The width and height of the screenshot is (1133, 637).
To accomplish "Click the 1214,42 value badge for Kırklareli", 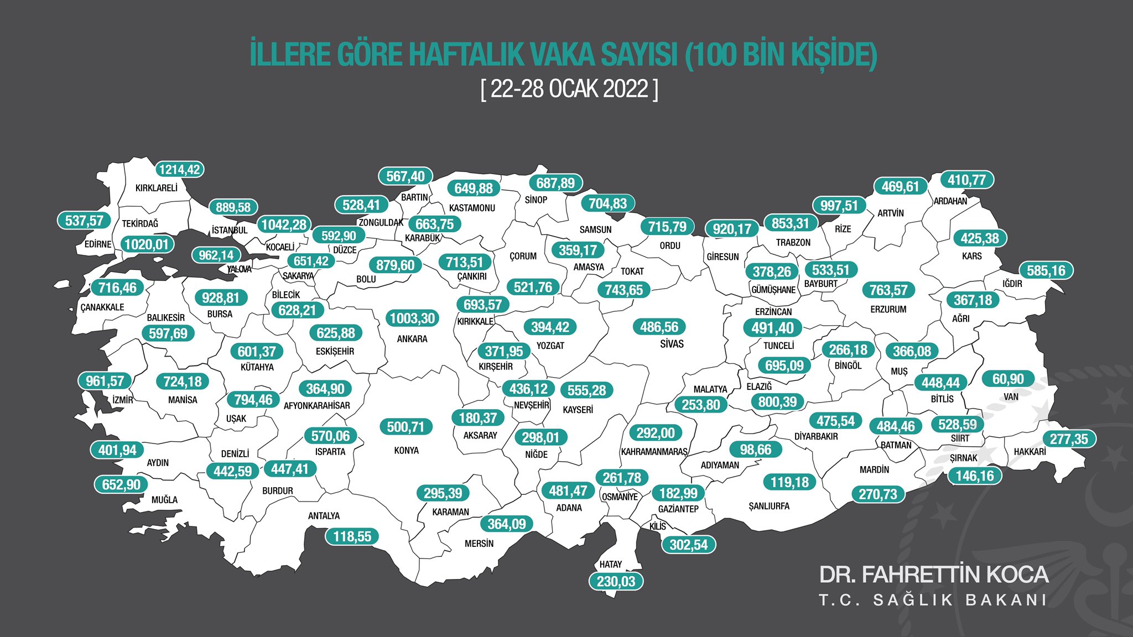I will click(179, 170).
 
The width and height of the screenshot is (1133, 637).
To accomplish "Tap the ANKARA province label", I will click(412, 339).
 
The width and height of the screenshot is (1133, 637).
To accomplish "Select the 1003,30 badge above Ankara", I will click(413, 318).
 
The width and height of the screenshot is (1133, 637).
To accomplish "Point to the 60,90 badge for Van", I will click(1008, 379).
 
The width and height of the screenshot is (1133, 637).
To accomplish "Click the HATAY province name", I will click(611, 565).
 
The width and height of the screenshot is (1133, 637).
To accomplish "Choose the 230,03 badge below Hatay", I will click(616, 582).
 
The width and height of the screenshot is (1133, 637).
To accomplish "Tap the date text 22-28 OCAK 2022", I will click(569, 88).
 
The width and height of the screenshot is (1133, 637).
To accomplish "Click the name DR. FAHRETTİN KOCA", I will click(933, 575).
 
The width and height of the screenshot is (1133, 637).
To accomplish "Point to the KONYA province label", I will click(407, 451).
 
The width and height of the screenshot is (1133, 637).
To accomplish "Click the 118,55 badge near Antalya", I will click(352, 536).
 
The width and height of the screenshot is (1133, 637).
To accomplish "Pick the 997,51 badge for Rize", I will click(839, 206).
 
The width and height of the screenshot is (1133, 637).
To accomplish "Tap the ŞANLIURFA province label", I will click(769, 507).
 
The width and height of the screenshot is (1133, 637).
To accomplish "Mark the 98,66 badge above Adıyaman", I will click(755, 450).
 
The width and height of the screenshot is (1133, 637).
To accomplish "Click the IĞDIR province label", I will click(1012, 284).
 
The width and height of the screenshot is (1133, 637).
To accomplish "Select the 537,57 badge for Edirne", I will click(84, 221).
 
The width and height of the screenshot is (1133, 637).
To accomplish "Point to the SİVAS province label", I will click(672, 344).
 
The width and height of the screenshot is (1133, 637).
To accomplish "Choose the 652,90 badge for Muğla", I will click(121, 485).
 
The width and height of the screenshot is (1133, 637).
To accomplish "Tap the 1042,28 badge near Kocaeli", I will click(284, 225).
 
